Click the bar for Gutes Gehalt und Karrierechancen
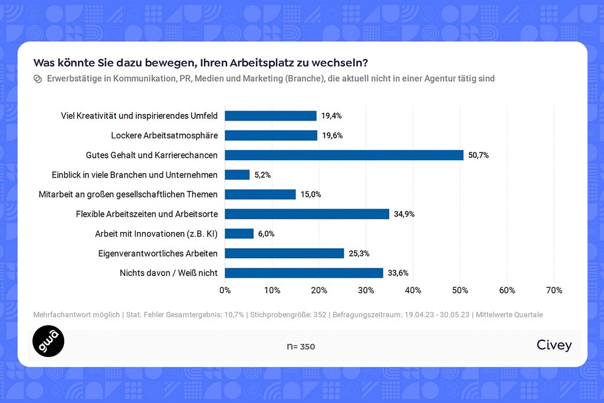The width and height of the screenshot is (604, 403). (344, 155)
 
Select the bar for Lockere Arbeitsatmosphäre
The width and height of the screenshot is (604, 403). (271, 135)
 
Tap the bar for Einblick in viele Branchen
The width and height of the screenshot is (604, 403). (237, 174)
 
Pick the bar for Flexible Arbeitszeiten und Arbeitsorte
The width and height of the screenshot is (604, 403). (307, 214)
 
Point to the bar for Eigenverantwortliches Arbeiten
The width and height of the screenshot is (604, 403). (284, 253)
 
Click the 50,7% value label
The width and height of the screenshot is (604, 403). (478, 155)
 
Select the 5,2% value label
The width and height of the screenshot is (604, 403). (263, 175)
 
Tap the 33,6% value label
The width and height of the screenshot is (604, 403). (398, 273)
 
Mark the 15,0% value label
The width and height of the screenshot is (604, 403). (310, 194)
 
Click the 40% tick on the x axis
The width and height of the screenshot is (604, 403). (413, 290)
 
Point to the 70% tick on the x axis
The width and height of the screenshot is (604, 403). (554, 290)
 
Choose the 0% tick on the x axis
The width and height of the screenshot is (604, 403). (225, 290)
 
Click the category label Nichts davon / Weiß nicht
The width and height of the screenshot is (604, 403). (169, 273)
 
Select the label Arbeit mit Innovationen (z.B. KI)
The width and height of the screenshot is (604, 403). (156, 233)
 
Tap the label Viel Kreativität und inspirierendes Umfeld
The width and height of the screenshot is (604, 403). (139, 116)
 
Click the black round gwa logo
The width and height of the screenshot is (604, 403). (48, 341)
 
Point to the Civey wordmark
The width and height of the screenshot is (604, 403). (554, 345)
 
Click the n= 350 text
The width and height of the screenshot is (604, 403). (301, 346)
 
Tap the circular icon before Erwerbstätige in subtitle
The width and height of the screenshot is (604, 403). (38, 79)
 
